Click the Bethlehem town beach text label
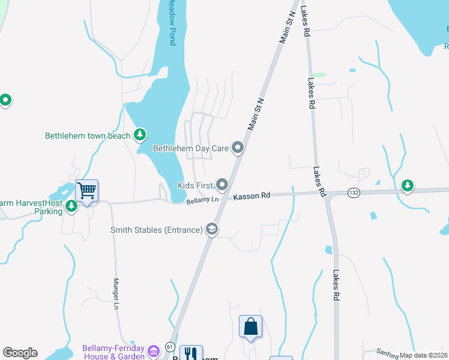coord(88,136)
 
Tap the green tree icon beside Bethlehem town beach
coord(140,134)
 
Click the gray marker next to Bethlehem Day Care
coord(238,147)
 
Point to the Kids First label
coord(195,185)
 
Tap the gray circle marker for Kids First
coord(222,184)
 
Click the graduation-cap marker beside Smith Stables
coord(211,229)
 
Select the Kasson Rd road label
coord(252,196)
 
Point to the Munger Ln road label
coord(116,293)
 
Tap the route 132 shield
coord(354,192)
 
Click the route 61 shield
coord(170,346)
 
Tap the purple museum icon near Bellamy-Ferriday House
coord(154,350)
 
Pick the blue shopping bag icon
coord(250,327)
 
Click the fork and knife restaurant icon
coord(191,353)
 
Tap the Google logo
coord(20,353)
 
